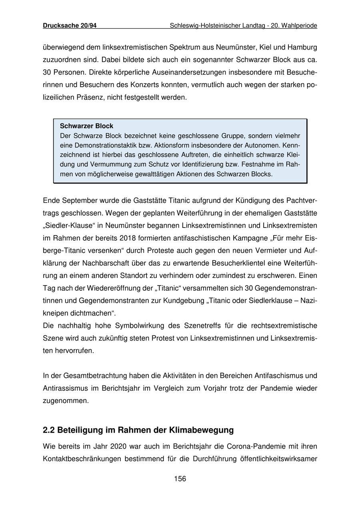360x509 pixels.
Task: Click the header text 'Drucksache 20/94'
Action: coord(70,26)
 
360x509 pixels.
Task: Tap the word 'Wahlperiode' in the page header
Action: coord(299,26)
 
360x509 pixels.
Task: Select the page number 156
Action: coord(180,479)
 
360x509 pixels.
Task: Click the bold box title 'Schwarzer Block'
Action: coord(86,126)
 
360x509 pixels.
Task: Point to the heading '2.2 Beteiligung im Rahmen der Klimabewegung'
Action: coord(138,430)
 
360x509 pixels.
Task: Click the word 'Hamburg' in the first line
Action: coord(302,47)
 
